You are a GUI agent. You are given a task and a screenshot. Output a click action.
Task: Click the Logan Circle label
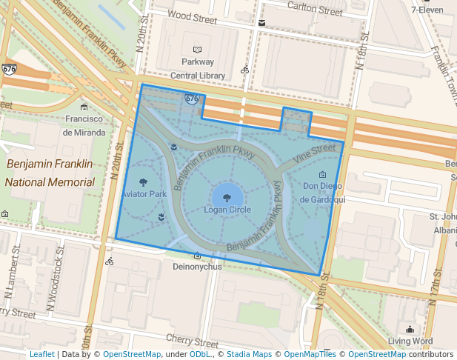click(x=227, y=210)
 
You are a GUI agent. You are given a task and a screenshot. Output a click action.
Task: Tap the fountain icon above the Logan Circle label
click(x=227, y=198)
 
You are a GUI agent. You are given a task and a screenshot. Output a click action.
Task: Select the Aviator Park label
click(x=144, y=194)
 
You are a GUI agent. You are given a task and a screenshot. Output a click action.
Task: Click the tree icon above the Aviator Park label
click(x=143, y=182)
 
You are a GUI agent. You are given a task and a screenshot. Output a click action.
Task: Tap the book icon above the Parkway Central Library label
click(x=197, y=49)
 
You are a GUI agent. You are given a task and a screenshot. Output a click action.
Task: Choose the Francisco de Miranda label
click(x=83, y=126)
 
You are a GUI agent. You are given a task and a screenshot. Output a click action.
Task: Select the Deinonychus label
click(x=197, y=267)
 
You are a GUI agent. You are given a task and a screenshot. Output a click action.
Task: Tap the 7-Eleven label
click(x=433, y=10)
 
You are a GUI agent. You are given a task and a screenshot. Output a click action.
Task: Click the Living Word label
click(x=410, y=341)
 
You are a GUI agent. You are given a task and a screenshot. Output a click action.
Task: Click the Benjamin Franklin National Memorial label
click(x=50, y=173)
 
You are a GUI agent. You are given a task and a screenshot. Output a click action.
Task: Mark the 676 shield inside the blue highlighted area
click(x=192, y=98)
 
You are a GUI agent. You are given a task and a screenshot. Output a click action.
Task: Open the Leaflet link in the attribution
click(x=41, y=355)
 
